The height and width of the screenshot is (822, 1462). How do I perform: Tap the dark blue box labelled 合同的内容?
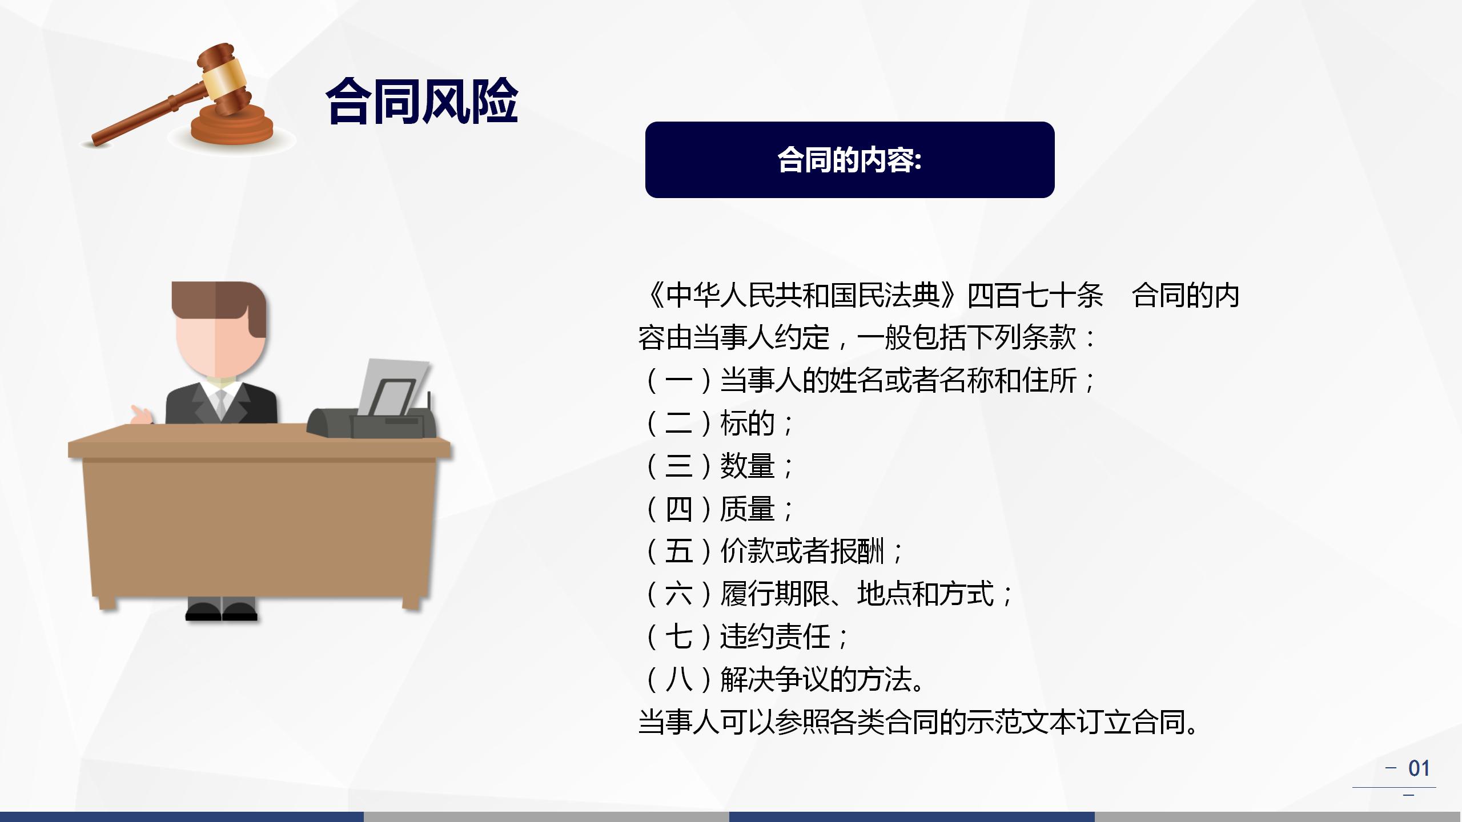click(850, 160)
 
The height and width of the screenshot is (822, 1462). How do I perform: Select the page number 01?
click(1419, 768)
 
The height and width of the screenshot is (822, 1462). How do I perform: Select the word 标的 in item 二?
click(747, 424)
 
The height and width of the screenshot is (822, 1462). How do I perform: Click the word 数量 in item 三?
click(747, 466)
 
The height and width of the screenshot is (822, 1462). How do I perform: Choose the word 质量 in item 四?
click(747, 509)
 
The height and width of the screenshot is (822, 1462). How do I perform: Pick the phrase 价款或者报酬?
click(802, 551)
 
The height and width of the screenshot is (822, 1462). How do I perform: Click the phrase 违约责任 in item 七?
click(774, 637)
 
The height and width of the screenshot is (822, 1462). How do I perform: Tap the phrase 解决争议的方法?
click(816, 679)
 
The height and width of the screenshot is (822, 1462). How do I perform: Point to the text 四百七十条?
click(1035, 296)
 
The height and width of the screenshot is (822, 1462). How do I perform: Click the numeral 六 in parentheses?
click(678, 594)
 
